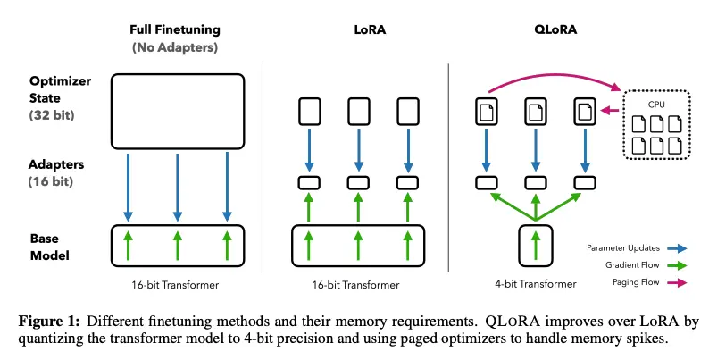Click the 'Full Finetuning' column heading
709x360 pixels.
(177, 30)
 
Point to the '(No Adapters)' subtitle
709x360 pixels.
(177, 46)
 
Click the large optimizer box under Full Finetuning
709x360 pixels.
(177, 111)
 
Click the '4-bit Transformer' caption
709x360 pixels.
(534, 284)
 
